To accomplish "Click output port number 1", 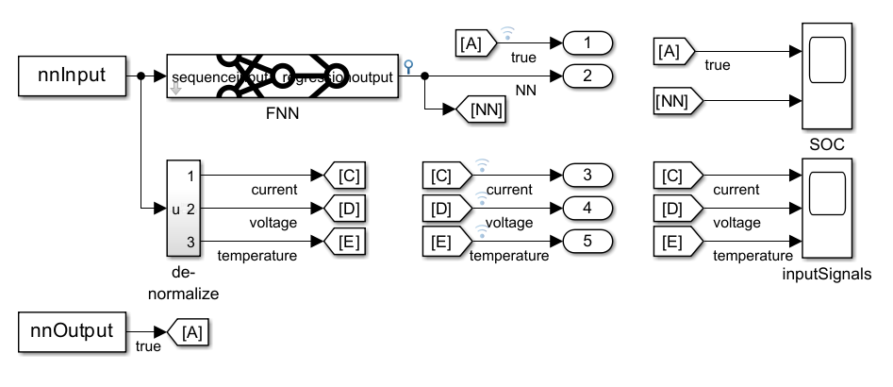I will coord(587,43).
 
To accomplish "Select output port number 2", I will coord(587,76).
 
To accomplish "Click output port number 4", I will coord(587,209).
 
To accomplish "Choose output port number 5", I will coord(587,241).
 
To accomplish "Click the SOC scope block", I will coord(825,76).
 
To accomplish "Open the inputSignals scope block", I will coord(825,209).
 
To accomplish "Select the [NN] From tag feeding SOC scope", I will coord(674,99).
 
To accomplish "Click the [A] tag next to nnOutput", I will coord(190,332).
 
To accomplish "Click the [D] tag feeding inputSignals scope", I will coord(674,209).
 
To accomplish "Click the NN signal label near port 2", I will coord(525,92).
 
